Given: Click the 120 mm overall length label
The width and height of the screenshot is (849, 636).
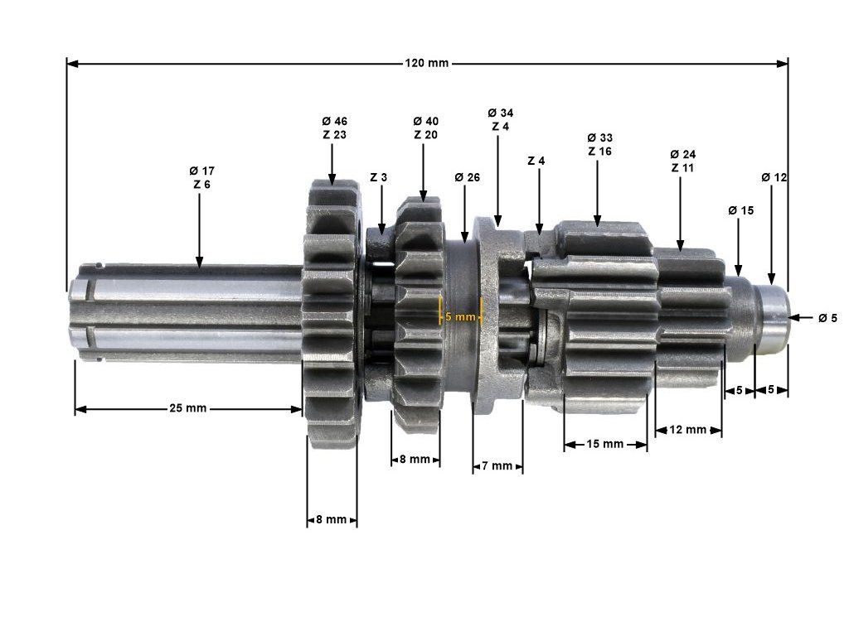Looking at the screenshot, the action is pyautogui.click(x=427, y=63).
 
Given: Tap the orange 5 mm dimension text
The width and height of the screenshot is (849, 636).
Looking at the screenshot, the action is pyautogui.click(x=460, y=316).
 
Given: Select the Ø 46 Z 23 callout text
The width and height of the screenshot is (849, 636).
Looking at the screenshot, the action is pyautogui.click(x=335, y=128).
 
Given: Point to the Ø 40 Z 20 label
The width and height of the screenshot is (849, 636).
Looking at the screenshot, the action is pyautogui.click(x=425, y=128).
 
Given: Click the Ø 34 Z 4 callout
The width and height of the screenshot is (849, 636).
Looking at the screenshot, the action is pyautogui.click(x=500, y=119).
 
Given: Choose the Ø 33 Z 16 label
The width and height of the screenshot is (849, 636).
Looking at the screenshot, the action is pyautogui.click(x=599, y=144).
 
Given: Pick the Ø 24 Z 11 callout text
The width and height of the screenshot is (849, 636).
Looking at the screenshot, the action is pyautogui.click(x=683, y=161).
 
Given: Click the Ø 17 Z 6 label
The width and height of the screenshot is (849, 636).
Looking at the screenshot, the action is pyautogui.click(x=202, y=177).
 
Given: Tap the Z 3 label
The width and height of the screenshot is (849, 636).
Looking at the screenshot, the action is pyautogui.click(x=378, y=177).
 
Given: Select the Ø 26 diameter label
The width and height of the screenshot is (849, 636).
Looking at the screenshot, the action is pyautogui.click(x=468, y=177).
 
